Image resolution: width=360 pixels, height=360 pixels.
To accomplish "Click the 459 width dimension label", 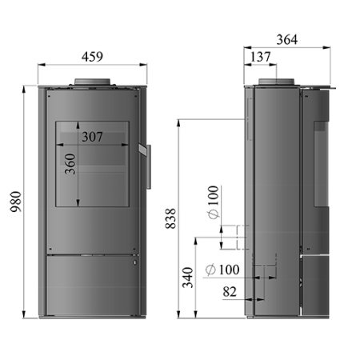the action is pos(92,57).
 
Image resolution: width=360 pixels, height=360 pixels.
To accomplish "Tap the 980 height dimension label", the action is pos(15,202).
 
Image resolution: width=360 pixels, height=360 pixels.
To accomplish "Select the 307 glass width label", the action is pos(92,137).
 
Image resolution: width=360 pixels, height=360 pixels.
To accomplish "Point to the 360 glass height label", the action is pos(70,164).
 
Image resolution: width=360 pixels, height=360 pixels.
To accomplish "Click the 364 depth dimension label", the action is pos(287,40).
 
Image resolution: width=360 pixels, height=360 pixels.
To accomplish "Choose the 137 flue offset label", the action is pos(260,57).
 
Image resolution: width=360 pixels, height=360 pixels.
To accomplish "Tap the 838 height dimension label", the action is pos(170,218).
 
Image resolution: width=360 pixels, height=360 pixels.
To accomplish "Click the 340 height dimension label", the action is pos(188,278).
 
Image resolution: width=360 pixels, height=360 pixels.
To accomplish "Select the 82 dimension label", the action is pos(230,292).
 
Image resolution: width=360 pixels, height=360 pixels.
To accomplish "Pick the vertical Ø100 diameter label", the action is pos(214,202).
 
